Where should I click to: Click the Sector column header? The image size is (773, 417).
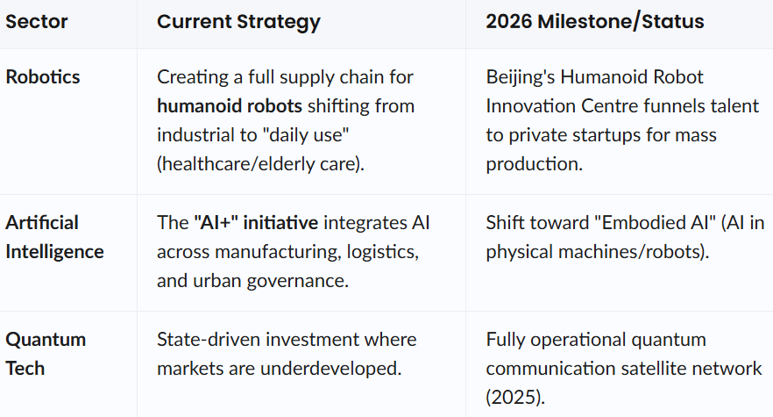pos(37,22)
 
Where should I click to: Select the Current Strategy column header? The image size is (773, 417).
pos(238,22)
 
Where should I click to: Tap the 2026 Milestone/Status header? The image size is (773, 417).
pos(595,22)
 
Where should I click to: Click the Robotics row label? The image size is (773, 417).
pos(42,77)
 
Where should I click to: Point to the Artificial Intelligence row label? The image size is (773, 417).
pos(54,237)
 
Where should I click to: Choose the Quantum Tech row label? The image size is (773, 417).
pos(46,354)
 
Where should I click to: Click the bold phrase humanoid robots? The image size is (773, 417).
pos(230,105)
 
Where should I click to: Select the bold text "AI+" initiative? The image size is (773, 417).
pos(256,223)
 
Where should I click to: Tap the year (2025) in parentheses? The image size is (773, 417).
pos(515,397)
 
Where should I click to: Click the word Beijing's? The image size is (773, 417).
pos(520,77)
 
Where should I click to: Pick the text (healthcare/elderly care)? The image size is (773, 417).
pos(260,164)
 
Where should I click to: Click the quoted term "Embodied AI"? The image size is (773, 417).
pos(656,223)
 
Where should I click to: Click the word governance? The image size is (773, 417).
pos(297,281)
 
